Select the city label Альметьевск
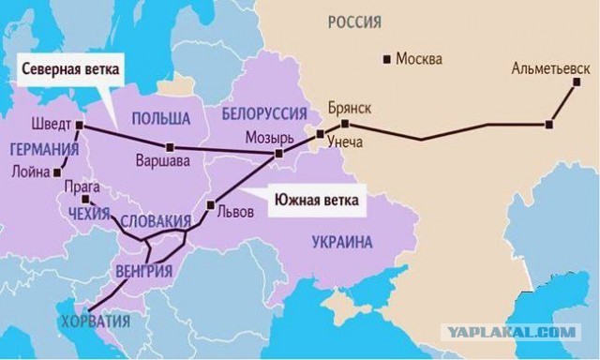pos(552,68)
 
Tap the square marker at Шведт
pos(80,125)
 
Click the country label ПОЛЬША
pos(160,118)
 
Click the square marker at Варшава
pos(170,147)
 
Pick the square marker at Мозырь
pos(277,153)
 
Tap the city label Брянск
pos(350,107)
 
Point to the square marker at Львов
pos(211,205)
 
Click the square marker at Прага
pos(84,200)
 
